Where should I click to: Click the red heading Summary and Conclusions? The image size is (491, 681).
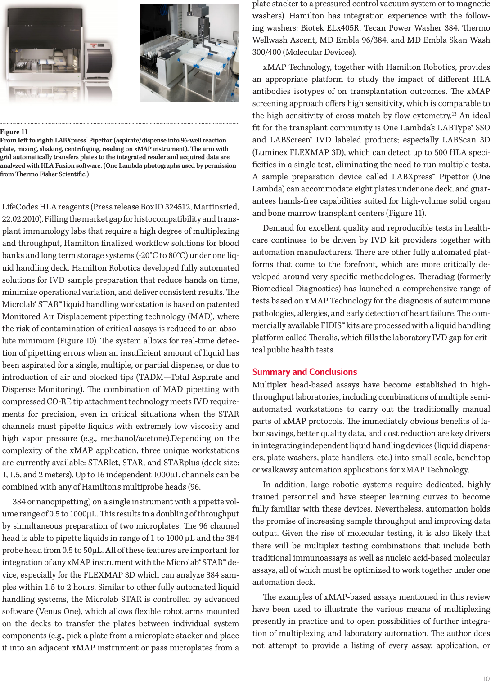point(304,372)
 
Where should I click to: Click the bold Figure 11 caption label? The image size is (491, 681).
point(14,132)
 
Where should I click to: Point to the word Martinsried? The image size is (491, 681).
point(217,207)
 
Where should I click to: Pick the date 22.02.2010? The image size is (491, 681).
point(22,219)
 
